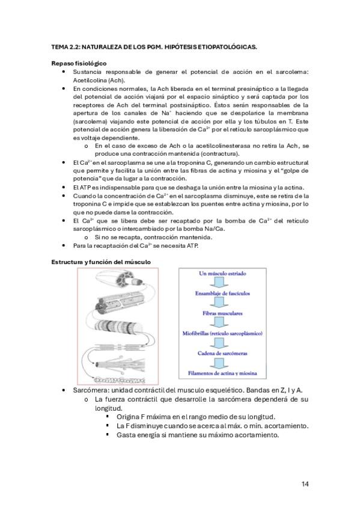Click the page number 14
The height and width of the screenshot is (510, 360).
[305, 484]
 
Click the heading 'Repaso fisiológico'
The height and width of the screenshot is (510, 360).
[79, 63]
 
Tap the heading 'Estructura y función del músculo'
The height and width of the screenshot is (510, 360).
[101, 262]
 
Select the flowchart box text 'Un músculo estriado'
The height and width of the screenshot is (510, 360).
[222, 274]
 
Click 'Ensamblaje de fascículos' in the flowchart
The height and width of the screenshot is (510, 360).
[222, 293]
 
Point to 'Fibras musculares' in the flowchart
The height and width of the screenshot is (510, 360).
[222, 313]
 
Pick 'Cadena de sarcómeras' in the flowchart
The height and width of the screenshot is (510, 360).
[222, 353]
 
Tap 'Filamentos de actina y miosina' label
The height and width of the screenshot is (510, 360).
[222, 373]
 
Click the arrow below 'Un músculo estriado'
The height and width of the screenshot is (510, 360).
[222, 283]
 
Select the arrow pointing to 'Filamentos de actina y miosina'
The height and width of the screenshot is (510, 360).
[222, 363]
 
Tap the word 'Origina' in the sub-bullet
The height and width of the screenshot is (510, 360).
[128, 417]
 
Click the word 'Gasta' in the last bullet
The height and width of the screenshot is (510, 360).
[125, 435]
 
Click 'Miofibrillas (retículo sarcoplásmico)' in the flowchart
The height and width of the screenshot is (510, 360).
[222, 333]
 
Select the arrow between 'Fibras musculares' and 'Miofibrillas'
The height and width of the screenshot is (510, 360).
[222, 323]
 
